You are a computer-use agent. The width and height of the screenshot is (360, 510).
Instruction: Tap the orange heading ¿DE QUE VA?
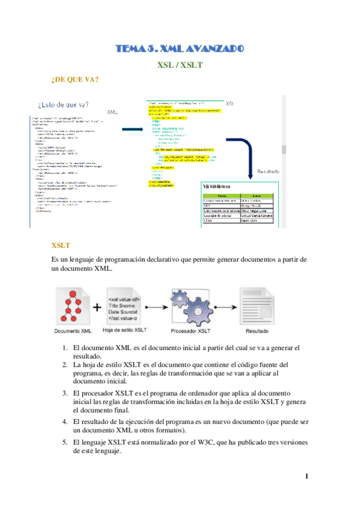pyautogui.click(x=75, y=79)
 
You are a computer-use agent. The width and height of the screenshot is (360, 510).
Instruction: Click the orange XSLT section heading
pyautogui.click(x=61, y=245)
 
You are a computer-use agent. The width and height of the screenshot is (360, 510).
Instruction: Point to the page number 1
pyautogui.click(x=307, y=477)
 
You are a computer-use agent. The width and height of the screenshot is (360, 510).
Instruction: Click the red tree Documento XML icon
pyautogui.click(x=73, y=306)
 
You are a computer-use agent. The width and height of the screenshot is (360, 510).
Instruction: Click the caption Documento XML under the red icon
pyautogui.click(x=73, y=331)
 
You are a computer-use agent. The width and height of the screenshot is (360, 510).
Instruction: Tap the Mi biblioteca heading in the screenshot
pyautogui.click(x=221, y=185)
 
